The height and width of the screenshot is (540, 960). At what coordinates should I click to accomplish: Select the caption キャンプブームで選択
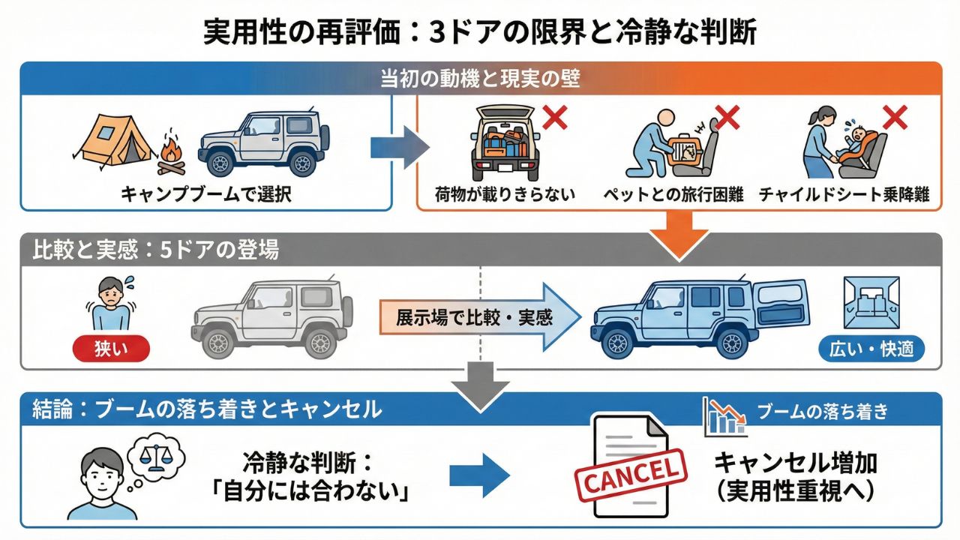click(x=206, y=195)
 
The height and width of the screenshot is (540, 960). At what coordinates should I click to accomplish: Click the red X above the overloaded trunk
click(x=554, y=117)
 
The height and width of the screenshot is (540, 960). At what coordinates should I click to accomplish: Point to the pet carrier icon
click(x=682, y=149)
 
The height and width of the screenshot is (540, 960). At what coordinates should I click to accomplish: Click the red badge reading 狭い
click(x=112, y=349)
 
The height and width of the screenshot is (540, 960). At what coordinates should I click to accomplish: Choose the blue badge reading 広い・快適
click(x=871, y=349)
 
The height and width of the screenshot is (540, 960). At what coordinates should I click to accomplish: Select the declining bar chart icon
click(x=724, y=417)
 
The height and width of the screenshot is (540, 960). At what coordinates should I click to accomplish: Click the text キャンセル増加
click(x=796, y=463)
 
